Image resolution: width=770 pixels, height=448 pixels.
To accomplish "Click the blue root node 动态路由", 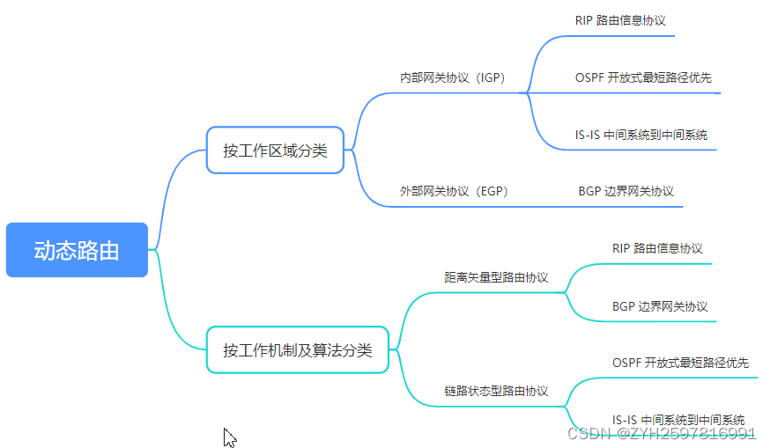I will tap(77, 250).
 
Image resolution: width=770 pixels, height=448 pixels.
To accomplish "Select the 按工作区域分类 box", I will tap(275, 151).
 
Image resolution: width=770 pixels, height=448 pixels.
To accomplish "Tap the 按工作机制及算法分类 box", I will tap(298, 350).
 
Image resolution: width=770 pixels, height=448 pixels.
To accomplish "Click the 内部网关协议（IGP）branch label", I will tap(452, 77).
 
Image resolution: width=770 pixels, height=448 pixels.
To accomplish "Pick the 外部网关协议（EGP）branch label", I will tap(454, 191).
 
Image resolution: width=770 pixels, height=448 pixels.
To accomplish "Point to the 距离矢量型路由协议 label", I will tap(496, 277).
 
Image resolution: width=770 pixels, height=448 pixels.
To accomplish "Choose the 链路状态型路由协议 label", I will tap(496, 391).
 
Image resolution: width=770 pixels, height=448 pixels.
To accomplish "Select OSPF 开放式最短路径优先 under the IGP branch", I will tap(643, 77).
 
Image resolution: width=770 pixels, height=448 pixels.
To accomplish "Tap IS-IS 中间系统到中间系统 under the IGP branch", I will tap(641, 135).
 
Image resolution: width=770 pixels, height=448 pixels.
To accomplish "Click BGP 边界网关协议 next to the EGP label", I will tap(626, 191).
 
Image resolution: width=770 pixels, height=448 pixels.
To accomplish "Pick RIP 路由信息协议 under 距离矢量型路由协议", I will tap(657, 248).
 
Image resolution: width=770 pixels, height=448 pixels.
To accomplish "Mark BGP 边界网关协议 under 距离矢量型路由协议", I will tap(660, 306).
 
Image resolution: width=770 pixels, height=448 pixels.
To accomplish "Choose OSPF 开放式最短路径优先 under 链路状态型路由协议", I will tap(680, 363).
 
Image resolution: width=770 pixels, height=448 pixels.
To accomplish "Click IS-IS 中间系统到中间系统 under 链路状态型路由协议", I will tap(678, 419).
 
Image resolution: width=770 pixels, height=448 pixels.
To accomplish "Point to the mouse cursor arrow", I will tap(229, 437).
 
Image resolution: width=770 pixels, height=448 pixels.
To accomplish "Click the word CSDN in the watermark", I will tap(584, 433).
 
